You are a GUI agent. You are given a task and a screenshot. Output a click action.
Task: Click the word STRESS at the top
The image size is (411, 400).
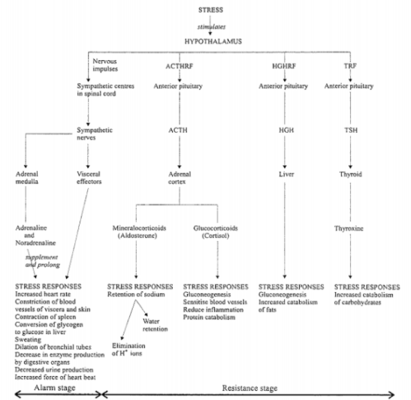(210, 10)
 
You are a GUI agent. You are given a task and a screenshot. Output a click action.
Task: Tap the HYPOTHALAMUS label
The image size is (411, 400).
(213, 41)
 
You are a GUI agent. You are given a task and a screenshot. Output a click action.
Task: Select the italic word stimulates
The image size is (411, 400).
(211, 27)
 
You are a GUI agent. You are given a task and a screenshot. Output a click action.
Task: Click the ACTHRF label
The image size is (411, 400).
(180, 66)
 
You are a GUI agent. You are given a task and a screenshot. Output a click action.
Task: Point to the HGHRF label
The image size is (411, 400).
(284, 66)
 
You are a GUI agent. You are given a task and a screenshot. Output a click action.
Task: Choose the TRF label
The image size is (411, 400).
(350, 66)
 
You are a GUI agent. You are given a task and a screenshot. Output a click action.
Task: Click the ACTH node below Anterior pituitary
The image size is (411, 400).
(178, 130)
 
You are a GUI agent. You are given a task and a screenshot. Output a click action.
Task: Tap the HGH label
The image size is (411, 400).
(286, 130)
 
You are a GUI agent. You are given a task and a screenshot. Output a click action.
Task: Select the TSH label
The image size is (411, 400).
(351, 130)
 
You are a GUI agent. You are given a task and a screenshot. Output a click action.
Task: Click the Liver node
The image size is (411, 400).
(286, 174)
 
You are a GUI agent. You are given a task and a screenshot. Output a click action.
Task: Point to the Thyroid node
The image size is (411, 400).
(351, 174)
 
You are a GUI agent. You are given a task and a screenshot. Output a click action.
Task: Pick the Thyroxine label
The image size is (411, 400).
(349, 229)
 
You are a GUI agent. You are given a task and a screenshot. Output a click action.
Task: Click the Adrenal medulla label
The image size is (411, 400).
(27, 178)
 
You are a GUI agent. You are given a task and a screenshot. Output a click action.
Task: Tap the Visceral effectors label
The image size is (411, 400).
(89, 178)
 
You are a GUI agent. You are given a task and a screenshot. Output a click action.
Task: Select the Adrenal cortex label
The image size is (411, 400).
(180, 178)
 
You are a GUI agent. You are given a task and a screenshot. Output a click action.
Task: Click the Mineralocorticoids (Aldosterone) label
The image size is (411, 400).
(139, 232)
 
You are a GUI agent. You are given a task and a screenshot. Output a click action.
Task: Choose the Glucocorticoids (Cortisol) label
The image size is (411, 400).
(216, 232)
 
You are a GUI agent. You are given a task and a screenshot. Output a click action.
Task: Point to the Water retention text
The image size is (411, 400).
(156, 325)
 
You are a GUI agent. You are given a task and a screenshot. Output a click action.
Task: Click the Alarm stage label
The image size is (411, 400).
(55, 388)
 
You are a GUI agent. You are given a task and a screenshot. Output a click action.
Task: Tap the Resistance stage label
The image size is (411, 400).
(249, 388)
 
